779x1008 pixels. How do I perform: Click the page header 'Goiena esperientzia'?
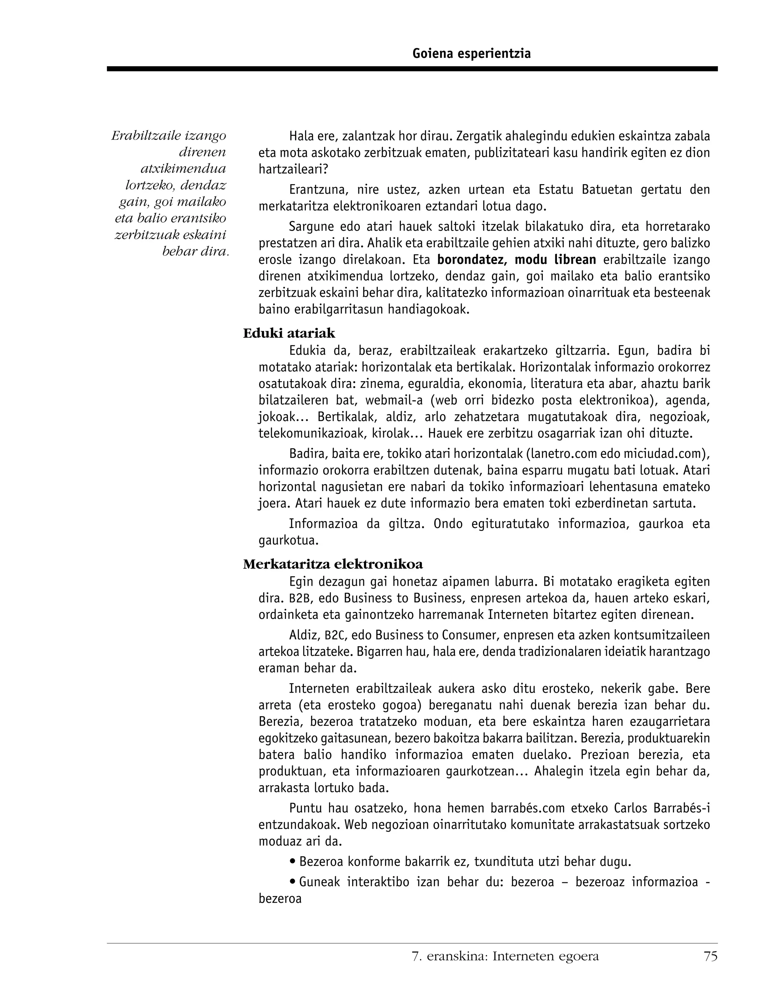471,54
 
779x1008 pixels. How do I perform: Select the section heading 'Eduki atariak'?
289,333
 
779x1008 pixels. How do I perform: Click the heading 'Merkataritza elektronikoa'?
333,564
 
